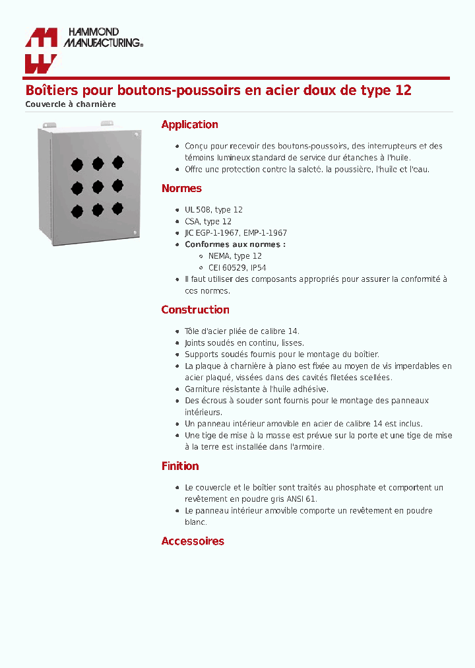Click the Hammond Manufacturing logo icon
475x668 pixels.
41,50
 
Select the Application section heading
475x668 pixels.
189,125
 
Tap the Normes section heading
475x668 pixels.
181,189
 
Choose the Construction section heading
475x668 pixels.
195,310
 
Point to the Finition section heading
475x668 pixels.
180,466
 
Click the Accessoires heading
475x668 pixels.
193,541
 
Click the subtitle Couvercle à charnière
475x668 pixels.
71,104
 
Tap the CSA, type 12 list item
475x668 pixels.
208,222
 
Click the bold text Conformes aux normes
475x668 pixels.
235,244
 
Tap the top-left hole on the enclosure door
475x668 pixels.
77,164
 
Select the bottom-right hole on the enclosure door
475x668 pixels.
117,209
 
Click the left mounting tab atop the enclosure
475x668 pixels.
47,125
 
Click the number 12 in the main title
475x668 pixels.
402,90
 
